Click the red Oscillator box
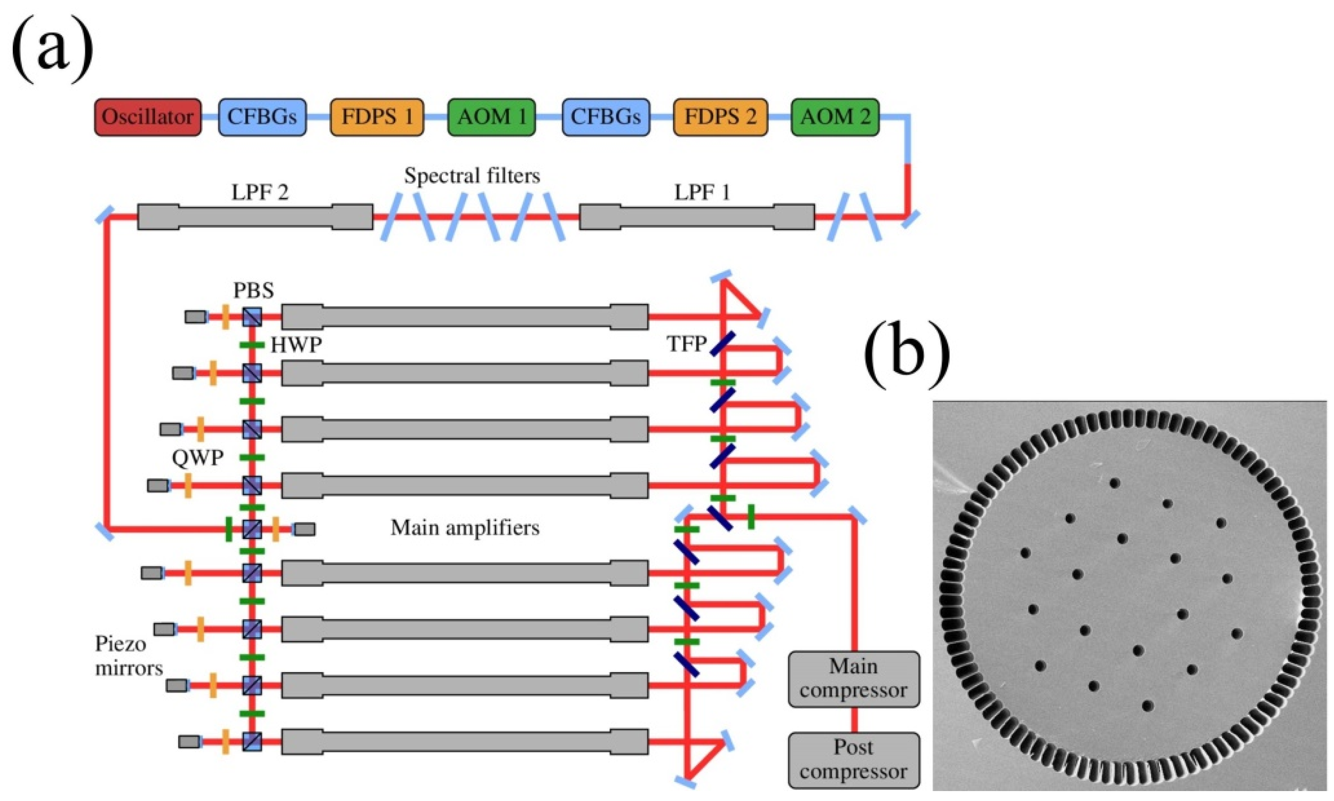pyautogui.click(x=147, y=117)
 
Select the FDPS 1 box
pyautogui.click(x=376, y=117)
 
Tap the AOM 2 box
pyautogui.click(x=835, y=117)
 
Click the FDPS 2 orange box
pyautogui.click(x=720, y=117)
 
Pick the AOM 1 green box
pyautogui.click(x=491, y=117)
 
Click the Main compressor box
pyautogui.click(x=853, y=678)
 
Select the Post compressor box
pyautogui.click(x=853, y=759)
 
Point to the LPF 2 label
pyautogui.click(x=260, y=192)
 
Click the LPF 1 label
pyautogui.click(x=702, y=192)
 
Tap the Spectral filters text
pyautogui.click(x=472, y=175)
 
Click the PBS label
pyautogui.click(x=253, y=290)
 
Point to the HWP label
pyautogui.click(x=296, y=344)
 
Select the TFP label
pyautogui.click(x=687, y=343)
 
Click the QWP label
pyautogui.click(x=197, y=458)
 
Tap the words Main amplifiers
pyautogui.click(x=465, y=527)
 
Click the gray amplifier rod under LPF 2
pyautogui.click(x=255, y=217)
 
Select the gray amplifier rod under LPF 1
pyautogui.click(x=697, y=217)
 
